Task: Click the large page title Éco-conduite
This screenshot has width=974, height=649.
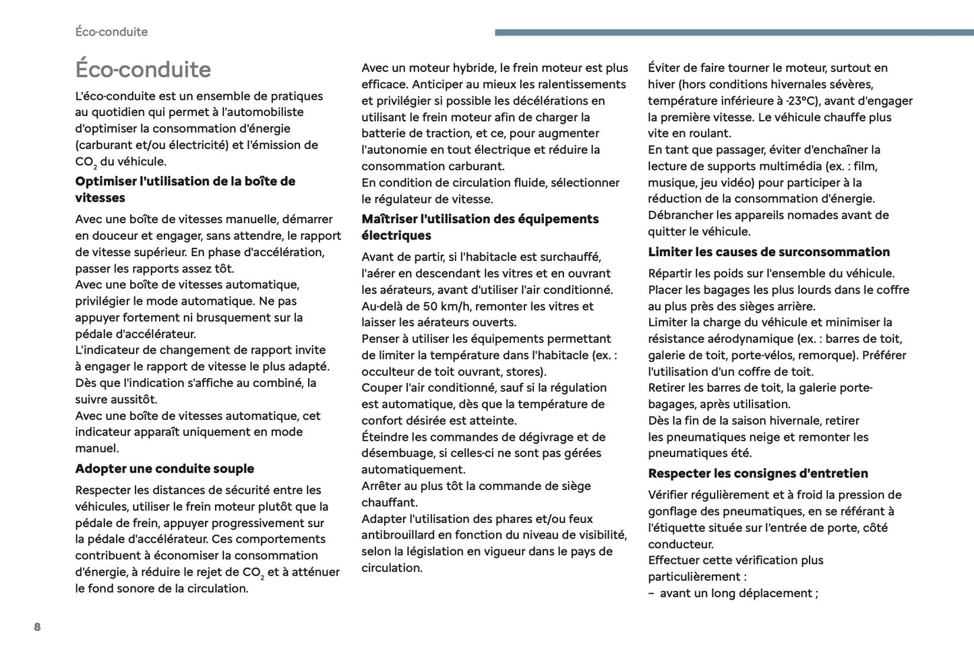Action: pos(143,69)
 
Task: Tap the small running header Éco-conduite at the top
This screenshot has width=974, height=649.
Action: pos(111,32)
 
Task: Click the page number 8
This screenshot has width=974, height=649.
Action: pos(37,627)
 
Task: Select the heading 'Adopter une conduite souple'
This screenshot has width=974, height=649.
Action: pos(164,468)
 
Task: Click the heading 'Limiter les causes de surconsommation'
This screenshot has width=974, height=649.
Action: pos(768,252)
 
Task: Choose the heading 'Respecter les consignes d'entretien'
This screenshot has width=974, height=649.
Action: pos(758,473)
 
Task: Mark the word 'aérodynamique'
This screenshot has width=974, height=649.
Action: pos(752,339)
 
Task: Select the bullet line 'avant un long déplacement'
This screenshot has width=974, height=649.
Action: pos(738,593)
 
